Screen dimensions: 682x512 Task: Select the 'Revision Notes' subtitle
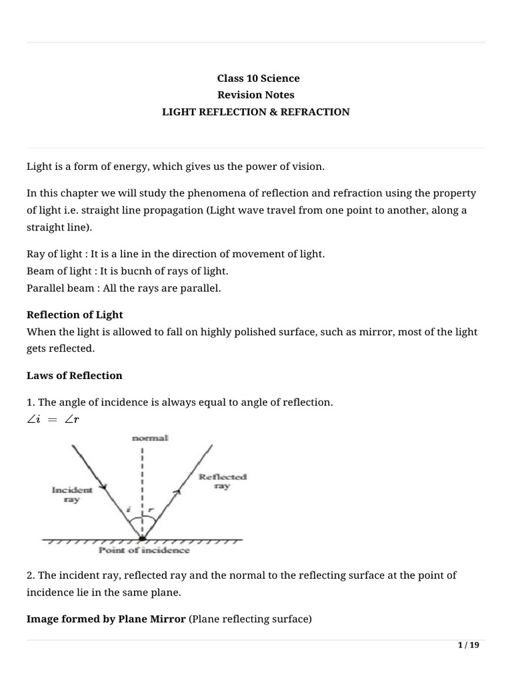click(x=255, y=95)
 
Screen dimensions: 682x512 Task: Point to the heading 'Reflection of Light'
click(x=75, y=314)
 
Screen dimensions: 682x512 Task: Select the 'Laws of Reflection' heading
click(x=74, y=376)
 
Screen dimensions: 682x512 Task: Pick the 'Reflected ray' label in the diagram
click(x=213, y=482)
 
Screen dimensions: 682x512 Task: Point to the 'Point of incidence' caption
click(x=144, y=550)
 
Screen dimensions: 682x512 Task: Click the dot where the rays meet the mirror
click(x=142, y=537)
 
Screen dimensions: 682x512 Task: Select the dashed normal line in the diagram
click(x=142, y=480)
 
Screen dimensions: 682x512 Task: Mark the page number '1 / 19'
click(x=468, y=645)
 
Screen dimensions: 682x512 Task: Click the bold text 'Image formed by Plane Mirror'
click(x=106, y=619)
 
